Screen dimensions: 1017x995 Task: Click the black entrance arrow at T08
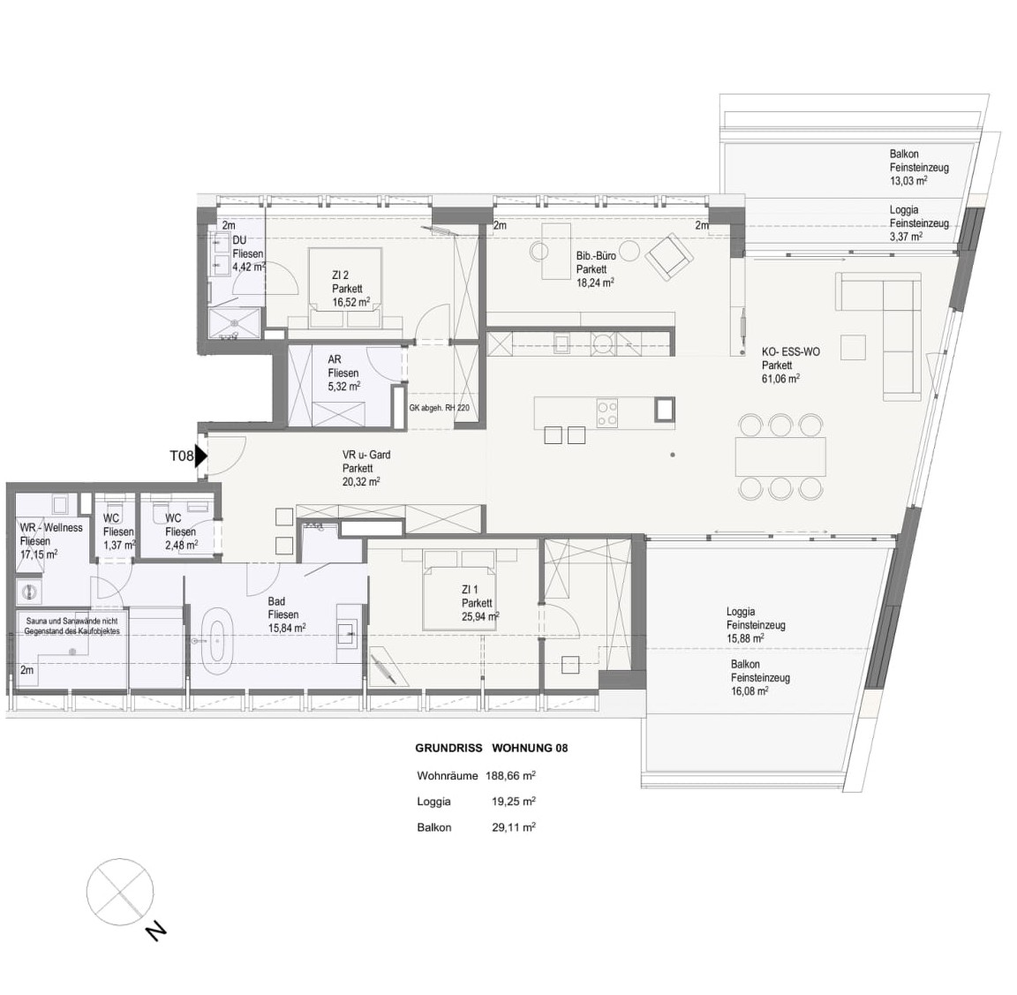(200, 456)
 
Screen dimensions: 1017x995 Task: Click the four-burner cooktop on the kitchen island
(607, 412)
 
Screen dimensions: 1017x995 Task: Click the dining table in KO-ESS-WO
(780, 456)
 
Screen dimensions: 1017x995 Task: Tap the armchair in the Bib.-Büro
(669, 257)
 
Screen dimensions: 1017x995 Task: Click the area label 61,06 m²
(780, 379)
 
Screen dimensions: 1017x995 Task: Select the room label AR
(335, 359)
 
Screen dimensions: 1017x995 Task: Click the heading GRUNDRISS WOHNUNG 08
(491, 748)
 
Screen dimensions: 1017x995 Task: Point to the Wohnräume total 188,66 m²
(510, 775)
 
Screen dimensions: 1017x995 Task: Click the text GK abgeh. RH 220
(439, 408)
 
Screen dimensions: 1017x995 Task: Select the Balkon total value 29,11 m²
(514, 827)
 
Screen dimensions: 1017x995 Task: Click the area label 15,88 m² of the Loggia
(745, 638)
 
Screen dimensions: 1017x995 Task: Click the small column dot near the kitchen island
(673, 455)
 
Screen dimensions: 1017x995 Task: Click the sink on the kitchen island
(665, 410)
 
